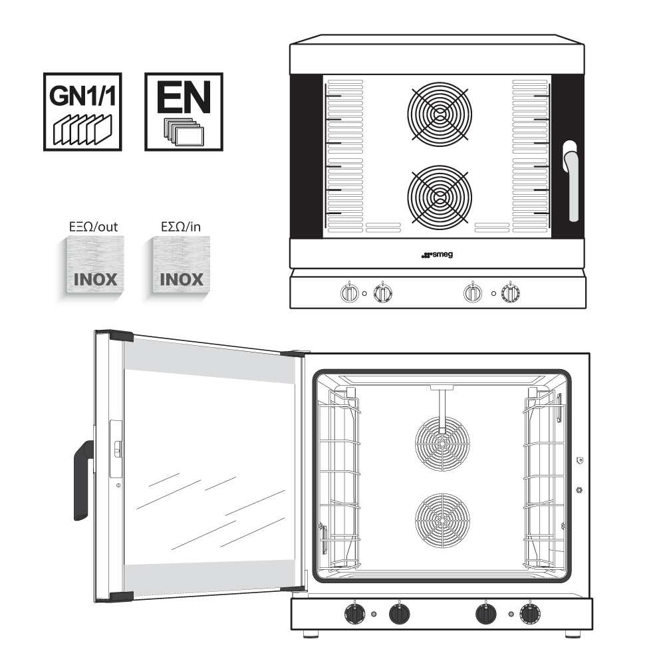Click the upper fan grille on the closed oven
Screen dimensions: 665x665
[x=439, y=113]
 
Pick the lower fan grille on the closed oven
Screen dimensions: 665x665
[x=439, y=197]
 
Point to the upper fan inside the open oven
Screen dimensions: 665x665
[x=442, y=444]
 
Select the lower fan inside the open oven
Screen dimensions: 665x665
[x=442, y=520]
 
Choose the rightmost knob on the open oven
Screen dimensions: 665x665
[x=530, y=614]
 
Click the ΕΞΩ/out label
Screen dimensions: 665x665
[x=94, y=227]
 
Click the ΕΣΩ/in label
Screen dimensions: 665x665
[x=182, y=227]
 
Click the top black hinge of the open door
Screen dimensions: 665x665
[x=120, y=336]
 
